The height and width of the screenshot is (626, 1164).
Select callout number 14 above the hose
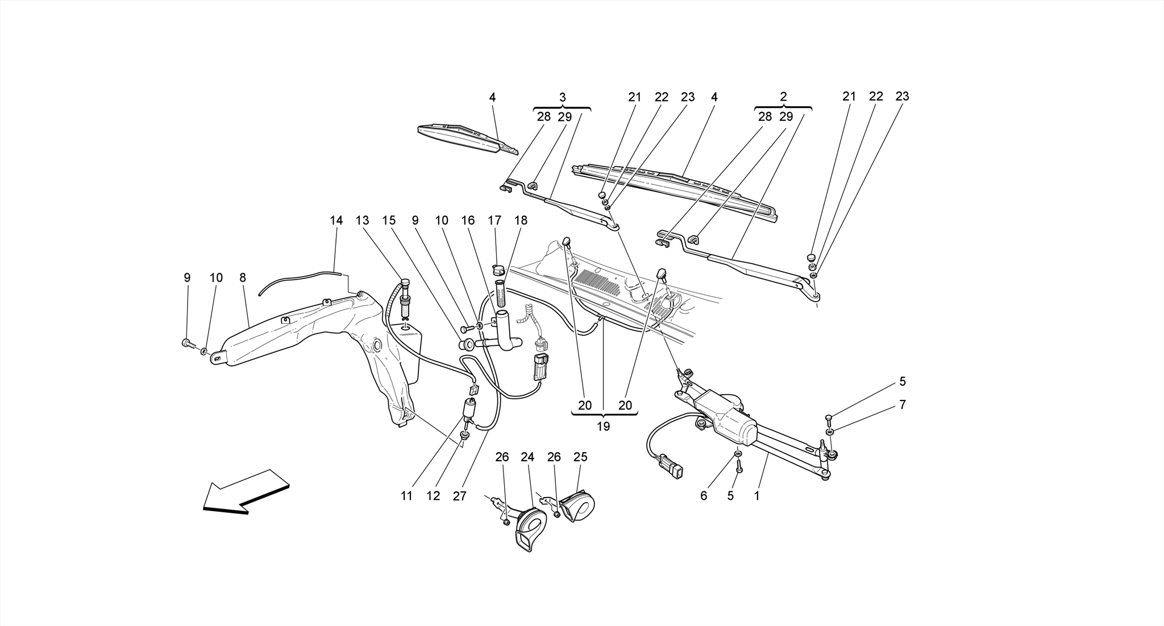336,220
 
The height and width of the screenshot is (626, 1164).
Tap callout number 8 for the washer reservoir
243,278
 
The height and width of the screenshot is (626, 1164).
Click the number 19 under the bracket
603,426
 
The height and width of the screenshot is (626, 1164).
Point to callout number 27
459,496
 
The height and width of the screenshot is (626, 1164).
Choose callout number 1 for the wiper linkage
756,496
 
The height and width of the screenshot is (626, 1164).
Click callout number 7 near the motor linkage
902,405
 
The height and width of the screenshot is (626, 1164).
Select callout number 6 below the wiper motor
704,496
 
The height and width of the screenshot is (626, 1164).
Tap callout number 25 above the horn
580,457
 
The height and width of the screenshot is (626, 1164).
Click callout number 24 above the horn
527,457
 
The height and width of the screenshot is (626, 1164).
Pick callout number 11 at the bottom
406,496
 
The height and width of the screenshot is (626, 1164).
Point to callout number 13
363,220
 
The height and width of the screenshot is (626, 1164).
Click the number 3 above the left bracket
562,97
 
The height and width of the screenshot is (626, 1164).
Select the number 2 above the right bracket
783,97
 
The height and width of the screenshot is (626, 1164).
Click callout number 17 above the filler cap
494,220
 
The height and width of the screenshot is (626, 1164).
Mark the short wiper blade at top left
466,139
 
